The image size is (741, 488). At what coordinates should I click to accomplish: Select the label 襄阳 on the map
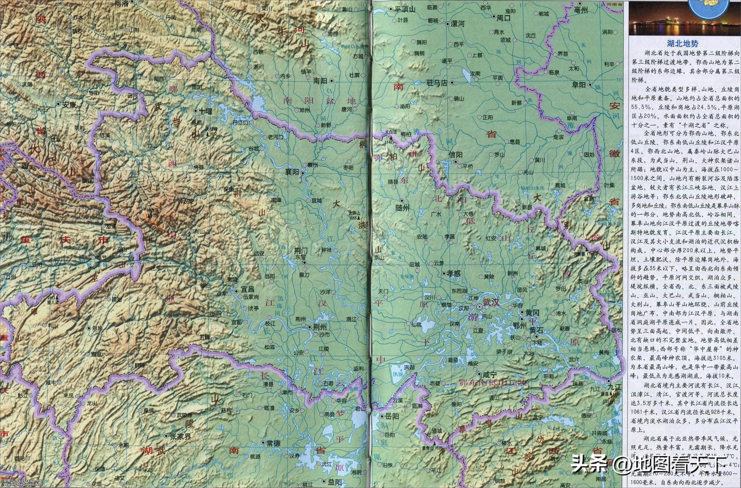(292, 172)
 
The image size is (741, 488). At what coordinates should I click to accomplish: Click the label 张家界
(181, 436)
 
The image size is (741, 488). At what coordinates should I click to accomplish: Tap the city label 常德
(274, 443)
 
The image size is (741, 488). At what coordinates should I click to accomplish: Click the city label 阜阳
(579, 85)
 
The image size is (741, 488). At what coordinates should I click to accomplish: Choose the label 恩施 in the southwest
(97, 328)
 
